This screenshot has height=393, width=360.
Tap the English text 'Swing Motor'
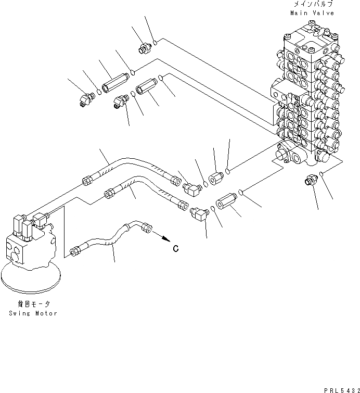tap(33, 313)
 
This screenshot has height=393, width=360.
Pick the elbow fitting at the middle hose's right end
tap(198, 212)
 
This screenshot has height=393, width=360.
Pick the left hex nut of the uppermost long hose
tap(86, 181)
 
